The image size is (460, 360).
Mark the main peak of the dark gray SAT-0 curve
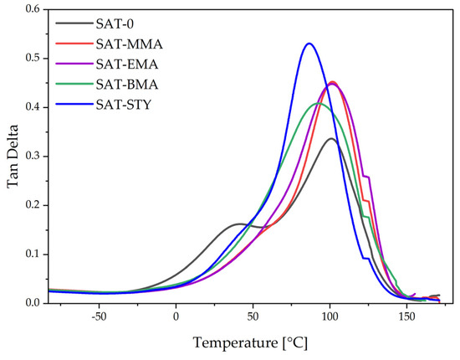click(332, 138)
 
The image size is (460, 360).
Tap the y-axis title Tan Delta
click(13, 156)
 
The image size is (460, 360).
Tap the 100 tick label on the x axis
click(330, 317)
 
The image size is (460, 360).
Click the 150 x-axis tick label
click(406, 317)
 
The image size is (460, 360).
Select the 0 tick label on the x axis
click(176, 317)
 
